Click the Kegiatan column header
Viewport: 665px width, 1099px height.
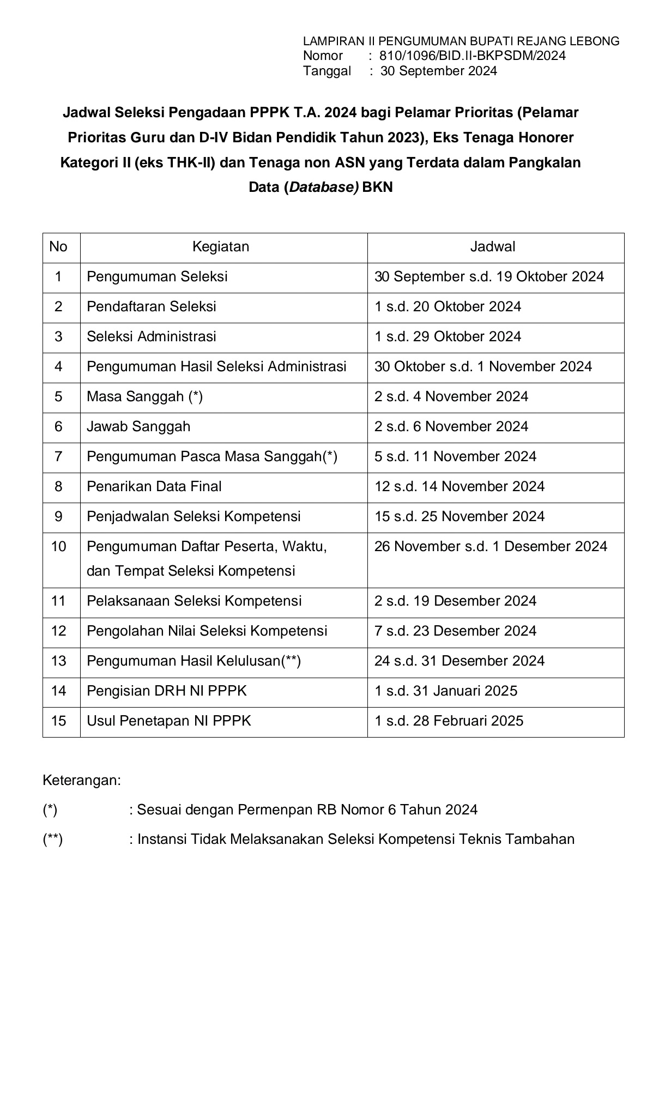221,247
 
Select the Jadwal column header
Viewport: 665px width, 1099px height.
493,247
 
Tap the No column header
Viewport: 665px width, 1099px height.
58,247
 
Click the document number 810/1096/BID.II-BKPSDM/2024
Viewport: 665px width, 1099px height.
472,56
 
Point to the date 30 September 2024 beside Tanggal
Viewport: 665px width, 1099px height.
438,71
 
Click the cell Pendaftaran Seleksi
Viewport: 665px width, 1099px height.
152,306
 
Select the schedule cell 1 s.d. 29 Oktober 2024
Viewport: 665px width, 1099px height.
448,336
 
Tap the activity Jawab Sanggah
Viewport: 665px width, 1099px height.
138,426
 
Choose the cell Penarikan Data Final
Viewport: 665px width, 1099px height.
154,486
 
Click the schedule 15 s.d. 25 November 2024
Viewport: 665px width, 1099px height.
459,516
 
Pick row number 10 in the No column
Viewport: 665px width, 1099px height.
58,546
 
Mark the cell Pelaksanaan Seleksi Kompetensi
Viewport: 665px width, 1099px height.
194,601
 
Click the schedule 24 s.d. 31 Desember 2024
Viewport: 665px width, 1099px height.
459,661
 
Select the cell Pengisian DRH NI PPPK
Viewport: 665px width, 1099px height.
167,691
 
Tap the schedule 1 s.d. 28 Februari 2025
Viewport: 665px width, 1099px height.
449,721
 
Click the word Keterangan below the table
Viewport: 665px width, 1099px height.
82,780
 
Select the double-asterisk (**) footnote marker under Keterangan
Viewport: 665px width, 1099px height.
53,839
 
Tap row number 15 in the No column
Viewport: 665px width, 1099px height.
58,721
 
